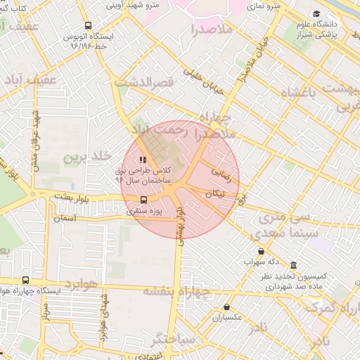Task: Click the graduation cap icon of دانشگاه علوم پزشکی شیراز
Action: pyautogui.click(x=316, y=13)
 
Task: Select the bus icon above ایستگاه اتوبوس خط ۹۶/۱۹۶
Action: pyautogui.click(x=87, y=25)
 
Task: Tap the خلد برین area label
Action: pyautogui.click(x=89, y=156)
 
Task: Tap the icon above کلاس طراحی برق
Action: pyautogui.click(x=143, y=160)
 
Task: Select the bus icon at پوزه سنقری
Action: pyautogui.click(x=144, y=200)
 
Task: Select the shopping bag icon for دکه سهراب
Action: pyautogui.click(x=261, y=251)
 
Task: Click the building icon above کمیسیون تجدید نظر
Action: pyautogui.click(x=292, y=266)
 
